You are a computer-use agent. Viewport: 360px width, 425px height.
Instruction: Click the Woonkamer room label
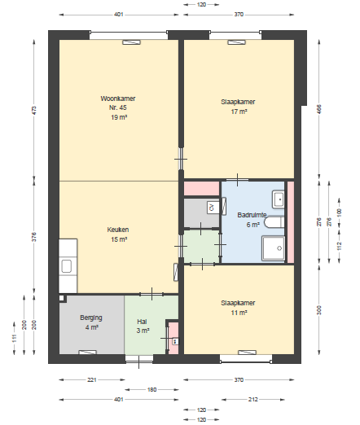pyautogui.click(x=118, y=99)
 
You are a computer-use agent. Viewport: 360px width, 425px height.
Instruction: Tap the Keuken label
pyautogui.click(x=118, y=230)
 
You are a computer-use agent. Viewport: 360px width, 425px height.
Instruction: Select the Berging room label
pyautogui.click(x=91, y=318)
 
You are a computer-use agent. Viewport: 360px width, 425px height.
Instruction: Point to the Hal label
pyautogui.click(x=142, y=322)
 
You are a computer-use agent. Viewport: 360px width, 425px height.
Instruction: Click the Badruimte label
pyautogui.click(x=252, y=215)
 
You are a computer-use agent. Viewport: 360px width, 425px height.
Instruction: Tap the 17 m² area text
pyautogui.click(x=239, y=112)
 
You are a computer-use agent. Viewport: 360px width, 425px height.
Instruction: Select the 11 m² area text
pyautogui.click(x=239, y=313)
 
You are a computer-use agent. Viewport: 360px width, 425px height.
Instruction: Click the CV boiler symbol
pyautogui.click(x=212, y=208)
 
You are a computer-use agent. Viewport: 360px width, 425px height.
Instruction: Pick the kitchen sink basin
pyautogui.click(x=66, y=266)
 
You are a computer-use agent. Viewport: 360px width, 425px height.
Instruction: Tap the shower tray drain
pyautogui.click(x=279, y=248)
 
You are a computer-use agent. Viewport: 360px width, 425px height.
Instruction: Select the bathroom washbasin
pyautogui.click(x=279, y=199)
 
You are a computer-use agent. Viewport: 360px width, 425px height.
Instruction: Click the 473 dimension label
pyautogui.click(x=34, y=110)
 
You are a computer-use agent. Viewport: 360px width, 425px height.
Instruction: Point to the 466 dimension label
pyautogui.click(x=319, y=109)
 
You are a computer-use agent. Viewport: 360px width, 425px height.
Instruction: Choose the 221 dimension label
pyautogui.click(x=92, y=379)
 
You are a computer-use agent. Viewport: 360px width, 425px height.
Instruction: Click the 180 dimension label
pyautogui.click(x=151, y=389)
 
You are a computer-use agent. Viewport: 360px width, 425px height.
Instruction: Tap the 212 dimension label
pyautogui.click(x=252, y=399)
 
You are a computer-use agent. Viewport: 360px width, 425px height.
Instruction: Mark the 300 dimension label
pyautogui.click(x=319, y=310)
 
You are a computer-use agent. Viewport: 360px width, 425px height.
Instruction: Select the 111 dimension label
pyautogui.click(x=14, y=338)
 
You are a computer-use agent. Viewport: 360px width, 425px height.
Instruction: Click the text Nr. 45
pyautogui.click(x=118, y=107)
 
